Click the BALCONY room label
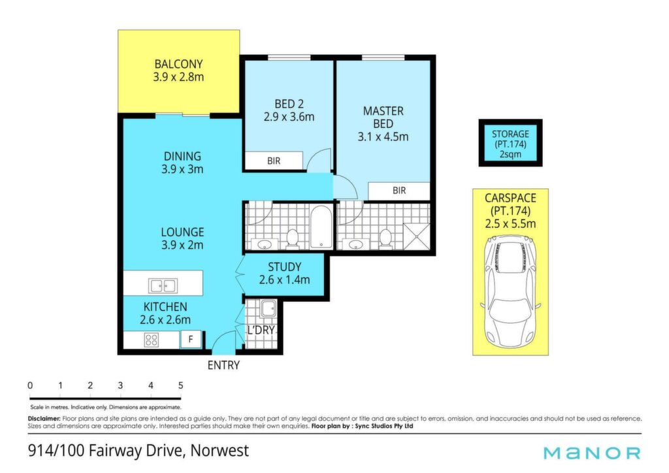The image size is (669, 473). pyautogui.click(x=178, y=64)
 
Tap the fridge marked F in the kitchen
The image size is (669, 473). pyautogui.click(x=191, y=339)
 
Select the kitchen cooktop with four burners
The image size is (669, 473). pyautogui.click(x=152, y=340)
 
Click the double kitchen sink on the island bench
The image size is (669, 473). pyautogui.click(x=163, y=285)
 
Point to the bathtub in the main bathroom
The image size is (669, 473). pyautogui.click(x=321, y=227)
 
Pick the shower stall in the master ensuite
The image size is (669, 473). pyautogui.click(x=417, y=236)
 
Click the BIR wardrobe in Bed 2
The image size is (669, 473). pyautogui.click(x=274, y=161)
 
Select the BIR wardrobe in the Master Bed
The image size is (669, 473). pyautogui.click(x=399, y=191)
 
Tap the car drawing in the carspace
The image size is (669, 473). pyautogui.click(x=510, y=294)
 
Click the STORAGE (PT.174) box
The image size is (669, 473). pyautogui.click(x=510, y=143)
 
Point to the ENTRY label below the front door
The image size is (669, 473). pyautogui.click(x=223, y=365)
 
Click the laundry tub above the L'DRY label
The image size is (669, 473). pyautogui.click(x=269, y=308)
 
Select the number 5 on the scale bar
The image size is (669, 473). pyautogui.click(x=180, y=385)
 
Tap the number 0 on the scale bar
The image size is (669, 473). pyautogui.click(x=30, y=385)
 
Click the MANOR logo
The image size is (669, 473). pyautogui.click(x=592, y=453)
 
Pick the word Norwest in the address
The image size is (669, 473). pyautogui.click(x=220, y=450)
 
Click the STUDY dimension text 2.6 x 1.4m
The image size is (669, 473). pyautogui.click(x=284, y=280)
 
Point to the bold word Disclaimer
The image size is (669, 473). pyautogui.click(x=44, y=419)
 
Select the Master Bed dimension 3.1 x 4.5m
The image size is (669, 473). pyautogui.click(x=383, y=137)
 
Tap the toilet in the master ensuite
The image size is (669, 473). pyautogui.click(x=385, y=238)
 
